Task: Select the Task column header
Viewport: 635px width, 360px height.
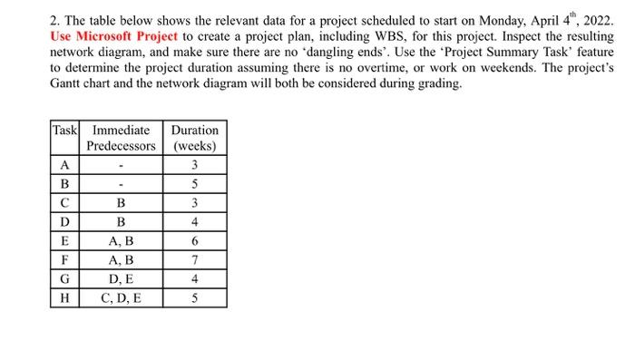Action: coord(63,131)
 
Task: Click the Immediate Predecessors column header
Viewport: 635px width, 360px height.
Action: coord(122,138)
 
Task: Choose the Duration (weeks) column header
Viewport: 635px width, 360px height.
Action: coord(194,138)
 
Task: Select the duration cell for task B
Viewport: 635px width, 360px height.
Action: coord(194,184)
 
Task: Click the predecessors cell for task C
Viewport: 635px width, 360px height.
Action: coord(122,203)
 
